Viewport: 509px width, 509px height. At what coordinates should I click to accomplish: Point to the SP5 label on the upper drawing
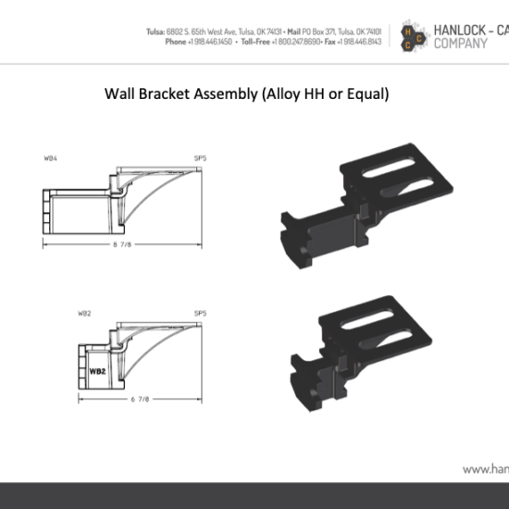click(200, 158)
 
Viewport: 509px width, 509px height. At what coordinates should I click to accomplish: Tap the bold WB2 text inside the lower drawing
click(97, 372)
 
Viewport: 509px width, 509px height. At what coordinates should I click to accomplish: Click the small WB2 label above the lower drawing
click(84, 314)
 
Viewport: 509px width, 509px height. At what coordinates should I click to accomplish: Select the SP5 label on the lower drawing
click(200, 314)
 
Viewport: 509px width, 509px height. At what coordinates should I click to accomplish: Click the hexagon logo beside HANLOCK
click(410, 36)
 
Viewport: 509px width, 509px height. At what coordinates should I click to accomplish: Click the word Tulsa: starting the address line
click(155, 31)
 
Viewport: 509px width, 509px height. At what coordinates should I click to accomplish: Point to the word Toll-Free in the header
click(263, 42)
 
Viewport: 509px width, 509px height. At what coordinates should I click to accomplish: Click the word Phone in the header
click(175, 42)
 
